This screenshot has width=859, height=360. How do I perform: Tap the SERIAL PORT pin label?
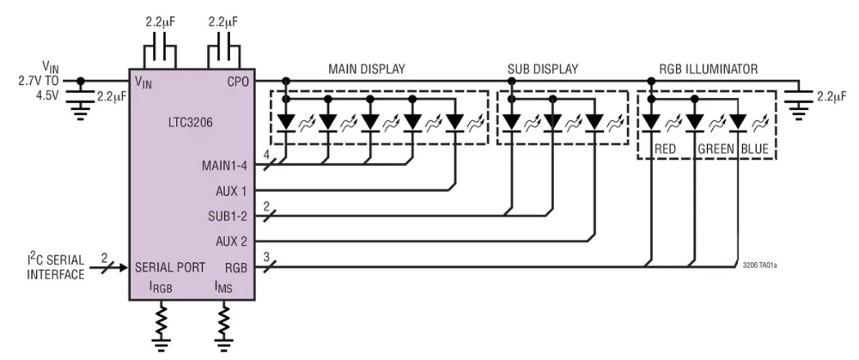[x=169, y=267]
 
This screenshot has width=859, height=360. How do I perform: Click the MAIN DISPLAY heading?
[x=366, y=68]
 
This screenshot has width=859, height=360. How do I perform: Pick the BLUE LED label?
[x=755, y=148]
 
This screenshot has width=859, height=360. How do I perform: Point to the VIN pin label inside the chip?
[x=144, y=82]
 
